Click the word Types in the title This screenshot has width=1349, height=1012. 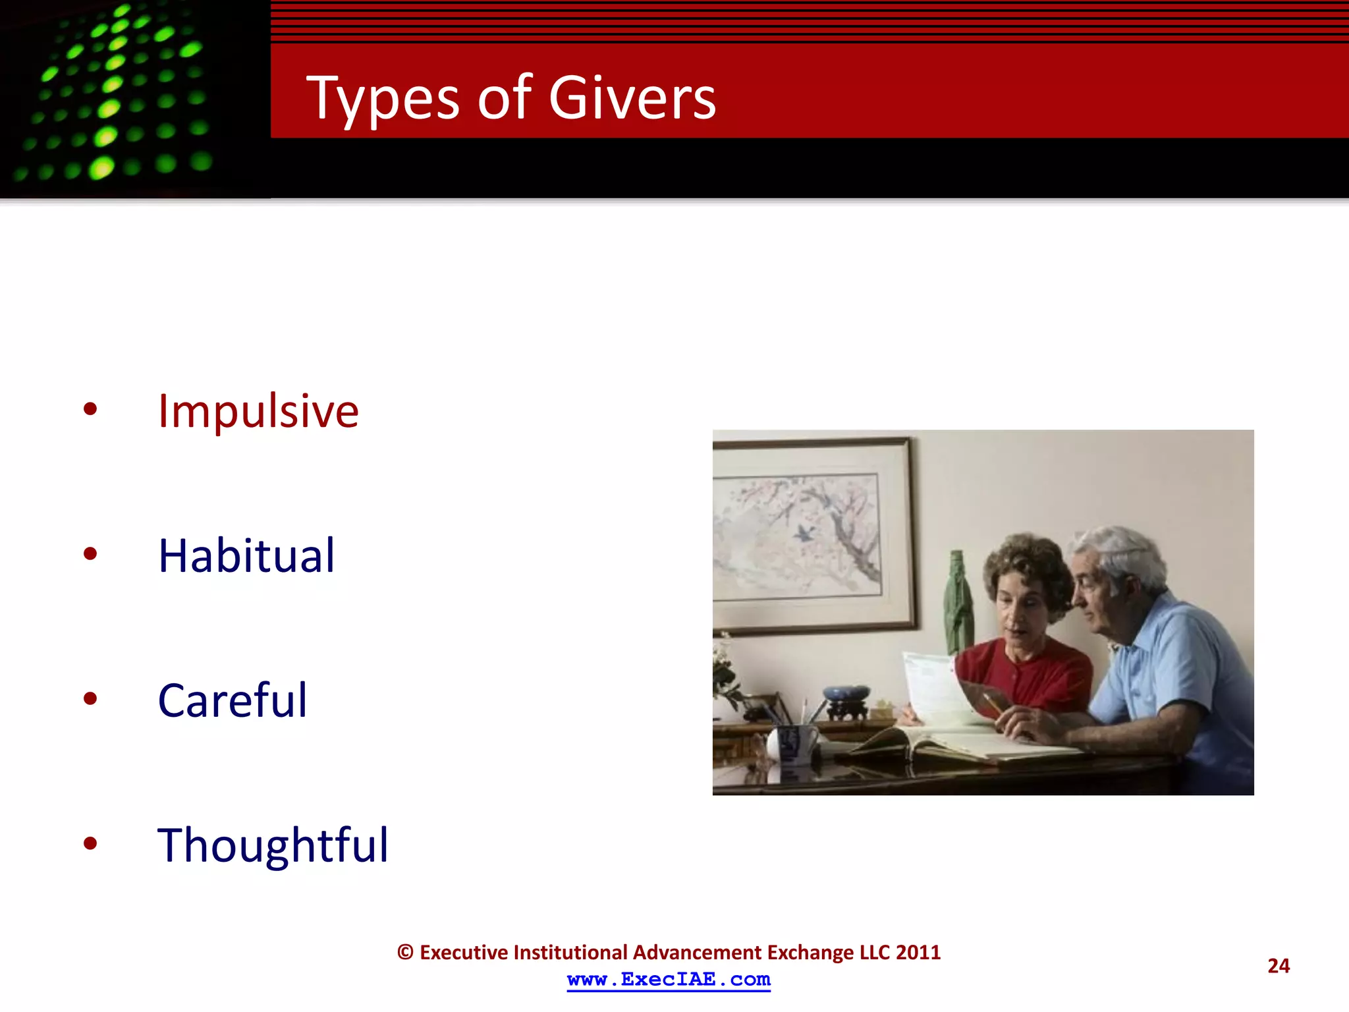(x=382, y=99)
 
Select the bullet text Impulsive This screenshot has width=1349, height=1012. (x=258, y=411)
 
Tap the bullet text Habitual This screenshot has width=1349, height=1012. (x=246, y=555)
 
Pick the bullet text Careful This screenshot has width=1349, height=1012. (x=232, y=700)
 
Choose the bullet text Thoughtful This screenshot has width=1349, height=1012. (x=273, y=845)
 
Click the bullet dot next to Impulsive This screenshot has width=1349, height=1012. (x=90, y=409)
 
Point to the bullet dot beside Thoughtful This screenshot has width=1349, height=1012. (x=90, y=843)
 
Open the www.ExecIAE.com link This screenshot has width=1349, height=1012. (x=669, y=980)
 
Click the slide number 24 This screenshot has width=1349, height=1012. (x=1278, y=966)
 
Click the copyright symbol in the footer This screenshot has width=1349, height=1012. (x=405, y=953)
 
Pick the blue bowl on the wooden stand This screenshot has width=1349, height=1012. (x=846, y=694)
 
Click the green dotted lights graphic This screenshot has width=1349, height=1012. (x=119, y=92)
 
